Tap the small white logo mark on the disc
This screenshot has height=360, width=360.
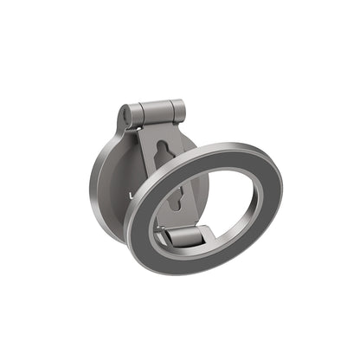(x=129, y=196)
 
